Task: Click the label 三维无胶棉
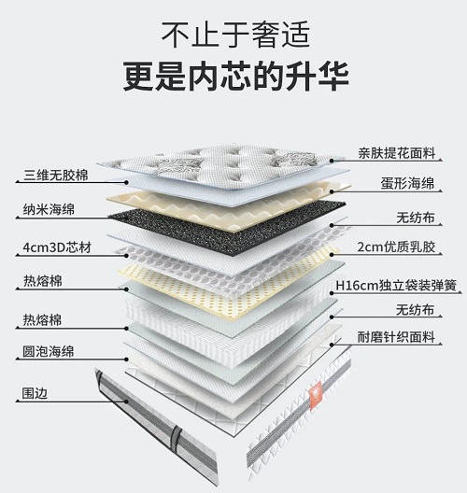pyautogui.click(x=56, y=176)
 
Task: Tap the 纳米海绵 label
pyautogui.click(x=49, y=210)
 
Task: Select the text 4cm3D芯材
pyautogui.click(x=57, y=247)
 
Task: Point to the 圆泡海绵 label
pyautogui.click(x=49, y=351)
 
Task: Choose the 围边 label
pyautogui.click(x=35, y=393)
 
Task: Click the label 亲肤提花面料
pyautogui.click(x=397, y=153)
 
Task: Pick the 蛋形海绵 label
pyautogui.click(x=408, y=183)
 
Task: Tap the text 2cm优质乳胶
pyautogui.click(x=396, y=247)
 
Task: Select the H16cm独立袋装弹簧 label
pyautogui.click(x=396, y=286)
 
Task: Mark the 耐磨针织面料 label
pyautogui.click(x=396, y=337)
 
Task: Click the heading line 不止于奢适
pyautogui.click(x=236, y=35)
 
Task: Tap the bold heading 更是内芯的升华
pyautogui.click(x=236, y=77)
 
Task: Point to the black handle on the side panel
pyautogui.click(x=177, y=437)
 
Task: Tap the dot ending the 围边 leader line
pyautogui.click(x=126, y=401)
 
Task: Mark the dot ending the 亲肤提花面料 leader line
pyautogui.click(x=332, y=161)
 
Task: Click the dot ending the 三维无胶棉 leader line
pyautogui.click(x=126, y=182)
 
